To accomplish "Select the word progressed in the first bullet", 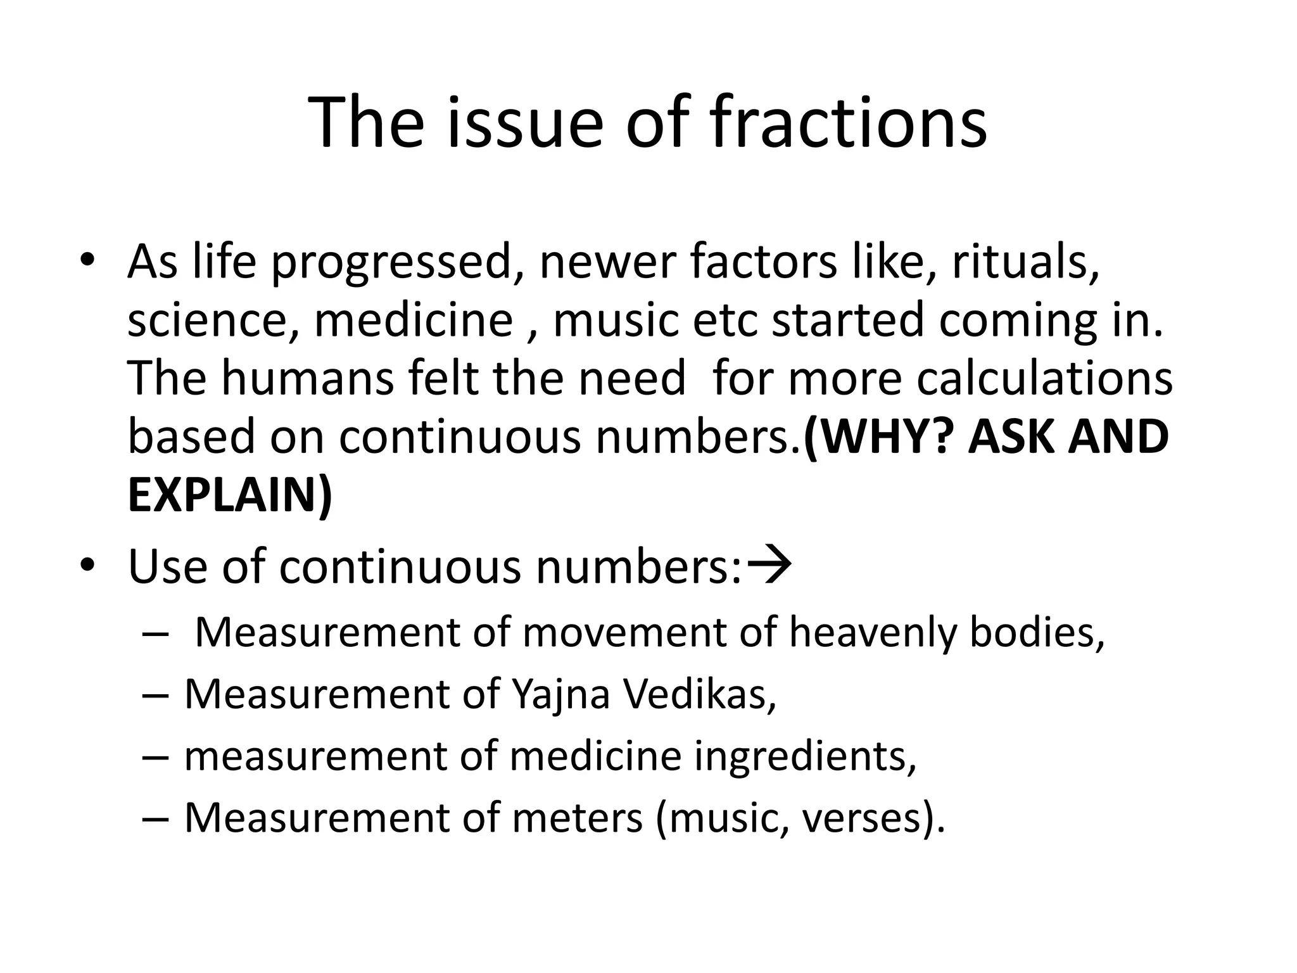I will pyautogui.click(x=391, y=263).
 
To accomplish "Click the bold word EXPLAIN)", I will pyautogui.click(x=230, y=495).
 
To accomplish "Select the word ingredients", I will pyautogui.click(x=804, y=756).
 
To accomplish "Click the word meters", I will pyautogui.click(x=577, y=818).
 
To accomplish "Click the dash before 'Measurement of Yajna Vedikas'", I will pyautogui.click(x=155, y=696).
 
